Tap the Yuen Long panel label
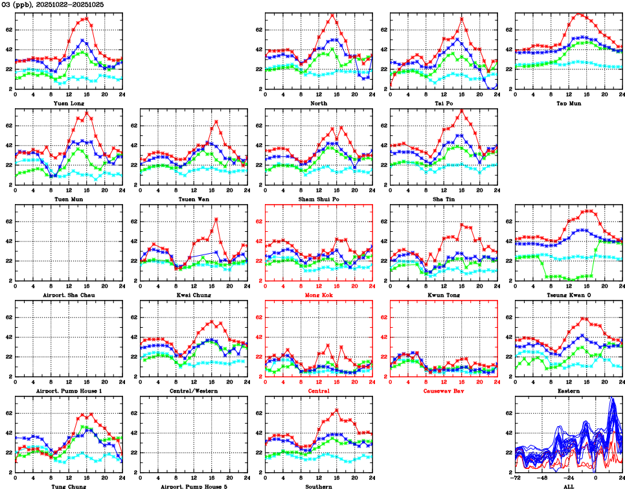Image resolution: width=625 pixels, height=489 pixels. pos(69,103)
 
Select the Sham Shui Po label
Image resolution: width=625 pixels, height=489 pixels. pos(319,199)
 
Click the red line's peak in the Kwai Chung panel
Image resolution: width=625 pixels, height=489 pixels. pos(216,219)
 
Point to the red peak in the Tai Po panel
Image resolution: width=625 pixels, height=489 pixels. pos(462,18)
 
